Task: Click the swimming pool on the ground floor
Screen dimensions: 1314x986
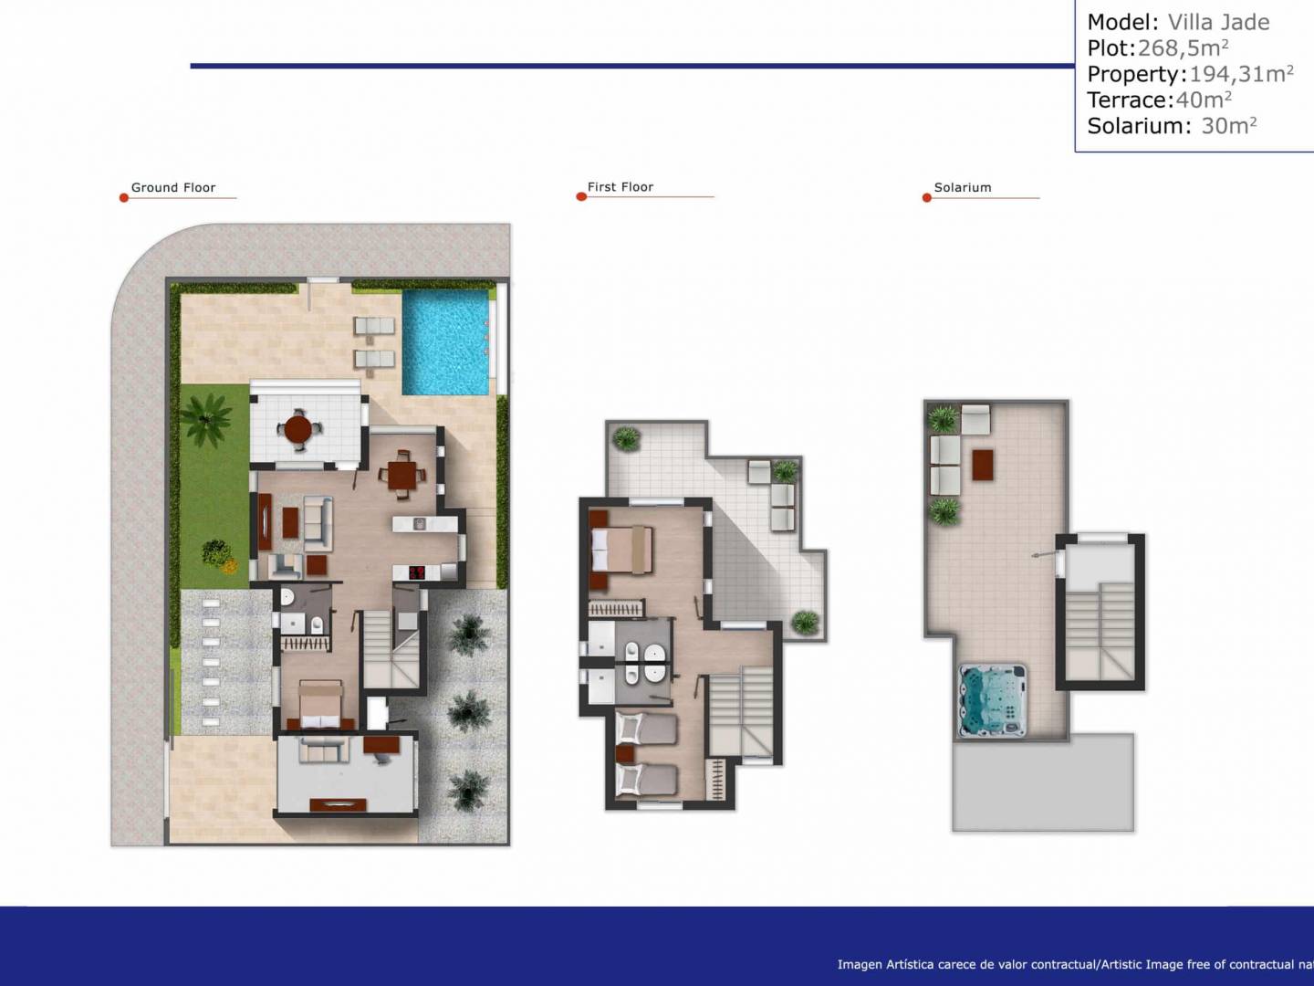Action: (x=445, y=342)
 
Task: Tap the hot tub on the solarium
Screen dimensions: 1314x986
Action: (x=992, y=700)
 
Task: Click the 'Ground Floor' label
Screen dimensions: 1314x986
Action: (x=173, y=187)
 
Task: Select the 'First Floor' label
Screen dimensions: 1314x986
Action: (x=620, y=187)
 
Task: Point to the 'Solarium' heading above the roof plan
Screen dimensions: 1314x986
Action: (x=963, y=187)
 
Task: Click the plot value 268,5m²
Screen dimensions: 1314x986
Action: (x=1183, y=47)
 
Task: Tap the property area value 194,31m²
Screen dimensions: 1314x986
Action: (x=1242, y=74)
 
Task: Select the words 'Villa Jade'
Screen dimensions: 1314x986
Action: (x=1218, y=22)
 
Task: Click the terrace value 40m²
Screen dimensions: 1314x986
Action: (x=1204, y=100)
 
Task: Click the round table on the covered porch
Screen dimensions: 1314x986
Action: (x=298, y=429)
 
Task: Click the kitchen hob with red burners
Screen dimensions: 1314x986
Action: (x=417, y=572)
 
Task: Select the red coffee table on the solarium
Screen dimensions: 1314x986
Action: (x=983, y=466)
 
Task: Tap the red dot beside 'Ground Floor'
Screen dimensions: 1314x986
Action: (x=124, y=197)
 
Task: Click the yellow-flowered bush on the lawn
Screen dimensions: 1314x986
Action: (x=230, y=566)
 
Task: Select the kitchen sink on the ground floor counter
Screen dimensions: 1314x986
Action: (x=420, y=524)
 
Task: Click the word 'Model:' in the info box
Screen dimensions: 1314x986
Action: (x=1123, y=22)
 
